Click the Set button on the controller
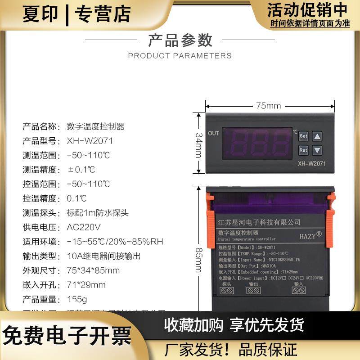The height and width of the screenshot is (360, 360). (x=303, y=135)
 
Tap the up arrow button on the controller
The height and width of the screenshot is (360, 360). (x=318, y=135)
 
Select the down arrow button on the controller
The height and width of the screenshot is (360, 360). (x=318, y=150)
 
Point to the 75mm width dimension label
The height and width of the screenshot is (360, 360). (x=268, y=106)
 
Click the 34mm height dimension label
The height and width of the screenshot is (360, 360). (x=198, y=143)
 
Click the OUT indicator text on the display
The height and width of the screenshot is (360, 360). (x=213, y=133)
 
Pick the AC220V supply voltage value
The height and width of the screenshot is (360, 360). (x=84, y=227)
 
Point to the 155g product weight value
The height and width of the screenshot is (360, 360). (x=77, y=299)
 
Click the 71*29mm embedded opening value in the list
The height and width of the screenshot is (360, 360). (x=86, y=285)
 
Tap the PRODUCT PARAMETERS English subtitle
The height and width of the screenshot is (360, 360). (x=180, y=56)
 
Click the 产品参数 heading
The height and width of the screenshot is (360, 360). (x=180, y=40)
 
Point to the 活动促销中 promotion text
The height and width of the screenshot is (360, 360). (x=307, y=9)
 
